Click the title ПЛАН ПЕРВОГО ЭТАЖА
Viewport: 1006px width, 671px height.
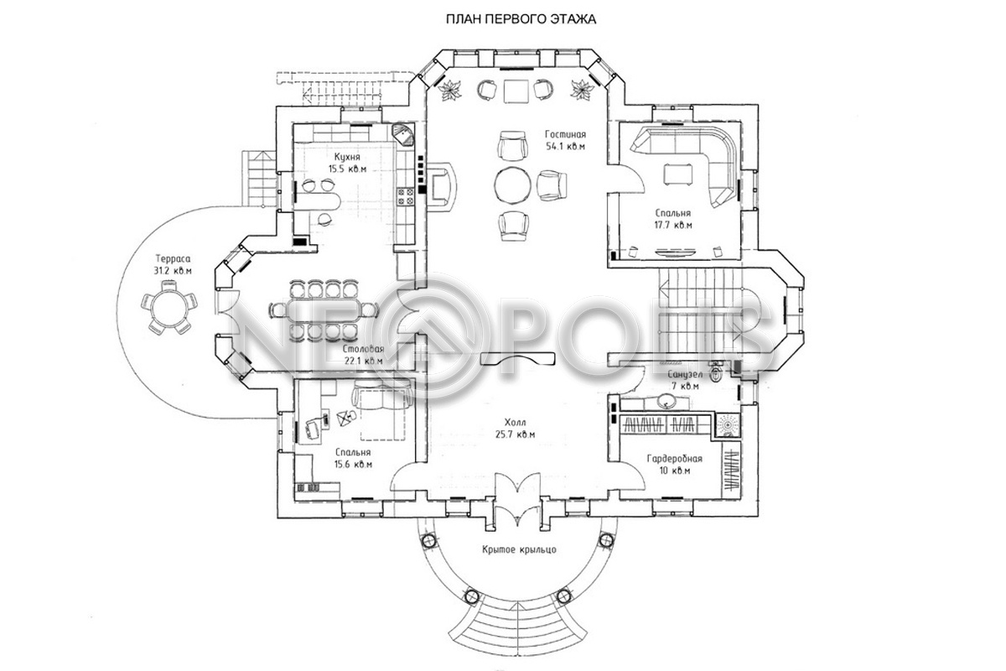pyautogui.click(x=521, y=19)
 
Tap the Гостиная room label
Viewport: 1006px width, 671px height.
pyautogui.click(x=565, y=134)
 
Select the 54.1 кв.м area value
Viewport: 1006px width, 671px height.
pyautogui.click(x=565, y=147)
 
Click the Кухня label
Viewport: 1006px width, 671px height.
pyautogui.click(x=347, y=157)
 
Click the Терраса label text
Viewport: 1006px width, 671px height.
pyautogui.click(x=174, y=259)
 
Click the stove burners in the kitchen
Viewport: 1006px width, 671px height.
pyautogui.click(x=405, y=197)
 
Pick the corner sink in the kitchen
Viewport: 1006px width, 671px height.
pyautogui.click(x=404, y=135)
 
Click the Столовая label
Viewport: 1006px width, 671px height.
pyautogui.click(x=363, y=349)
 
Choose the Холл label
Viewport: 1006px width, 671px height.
pyautogui.click(x=515, y=423)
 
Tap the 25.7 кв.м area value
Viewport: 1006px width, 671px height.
pyautogui.click(x=515, y=434)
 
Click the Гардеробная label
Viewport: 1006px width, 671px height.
pyautogui.click(x=675, y=459)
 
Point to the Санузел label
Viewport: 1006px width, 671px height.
pyautogui.click(x=685, y=374)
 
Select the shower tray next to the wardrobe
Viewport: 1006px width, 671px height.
pyautogui.click(x=726, y=424)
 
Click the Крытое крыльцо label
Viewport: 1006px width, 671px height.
pyautogui.click(x=520, y=549)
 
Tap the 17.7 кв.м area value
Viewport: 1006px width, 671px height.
pyautogui.click(x=672, y=225)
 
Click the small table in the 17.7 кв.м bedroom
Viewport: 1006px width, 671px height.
pyautogui.click(x=678, y=174)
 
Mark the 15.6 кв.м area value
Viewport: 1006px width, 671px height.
pyautogui.click(x=353, y=465)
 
